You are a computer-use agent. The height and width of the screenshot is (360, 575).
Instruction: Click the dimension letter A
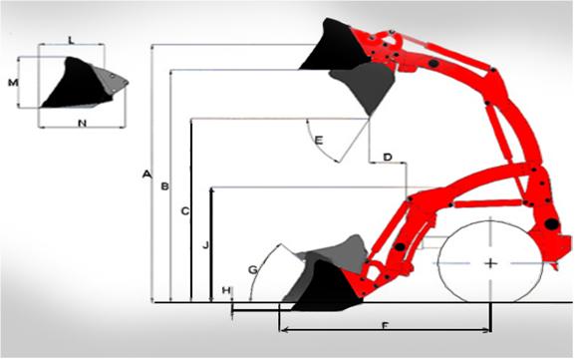(x=146, y=174)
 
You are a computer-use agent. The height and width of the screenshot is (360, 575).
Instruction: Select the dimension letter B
(x=165, y=186)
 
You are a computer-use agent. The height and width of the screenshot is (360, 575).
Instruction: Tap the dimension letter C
(x=185, y=211)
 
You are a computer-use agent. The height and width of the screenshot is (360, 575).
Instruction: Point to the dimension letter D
(x=388, y=158)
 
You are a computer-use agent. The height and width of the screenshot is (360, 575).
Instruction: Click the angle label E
(x=319, y=141)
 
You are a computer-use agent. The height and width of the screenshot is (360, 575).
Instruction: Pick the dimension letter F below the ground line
(x=385, y=325)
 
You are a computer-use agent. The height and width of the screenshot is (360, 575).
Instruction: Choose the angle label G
(x=253, y=270)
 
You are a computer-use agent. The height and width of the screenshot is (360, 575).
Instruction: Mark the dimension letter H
(x=226, y=290)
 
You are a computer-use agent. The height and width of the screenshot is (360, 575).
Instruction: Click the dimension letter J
(x=205, y=244)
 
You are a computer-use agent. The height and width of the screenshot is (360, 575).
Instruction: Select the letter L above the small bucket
(x=72, y=40)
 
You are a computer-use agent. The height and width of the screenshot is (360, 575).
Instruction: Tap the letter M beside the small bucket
(x=13, y=83)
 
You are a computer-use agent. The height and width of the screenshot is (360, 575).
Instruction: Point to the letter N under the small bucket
(x=82, y=124)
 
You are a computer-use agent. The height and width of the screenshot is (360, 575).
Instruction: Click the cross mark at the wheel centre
(x=490, y=263)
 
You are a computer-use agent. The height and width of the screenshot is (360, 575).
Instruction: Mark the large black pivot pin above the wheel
(x=551, y=223)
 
